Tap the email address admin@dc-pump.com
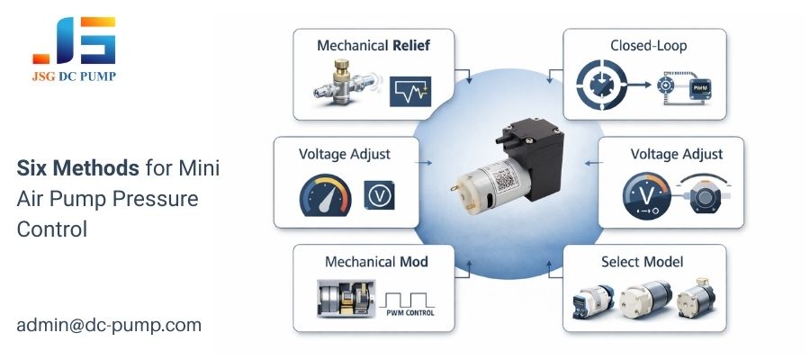pos(108,324)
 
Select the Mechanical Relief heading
pos(373,44)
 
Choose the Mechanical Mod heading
pos(375,262)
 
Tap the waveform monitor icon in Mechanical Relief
pos(410,91)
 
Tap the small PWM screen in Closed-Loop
pos(700,88)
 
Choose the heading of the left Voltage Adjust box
pos(345,154)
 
